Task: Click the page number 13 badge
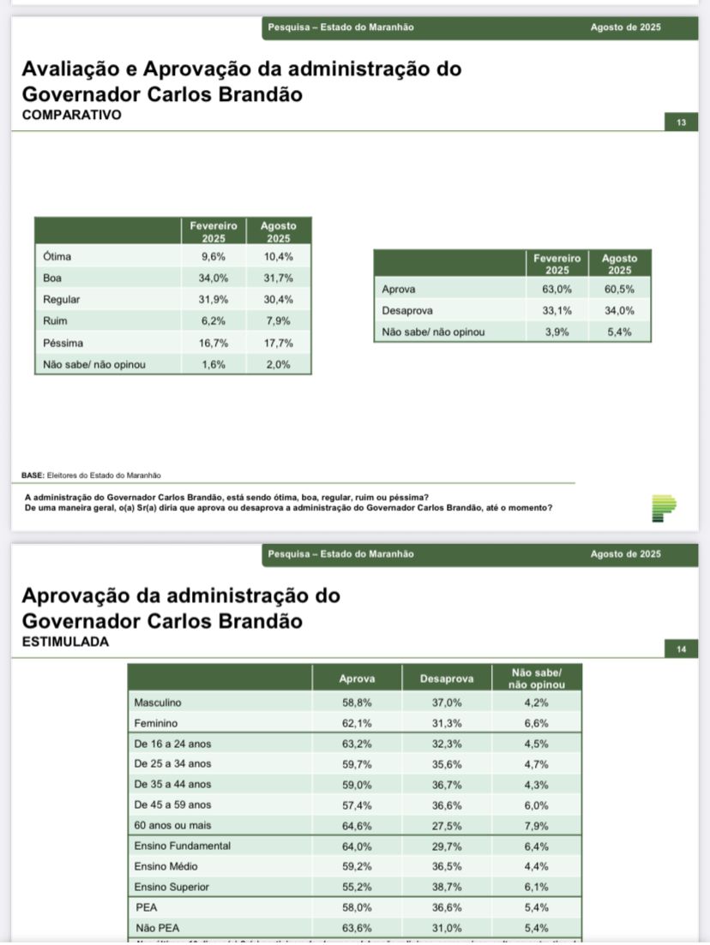tap(681, 123)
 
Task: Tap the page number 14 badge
tap(681, 649)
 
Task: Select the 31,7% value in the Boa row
tap(279, 278)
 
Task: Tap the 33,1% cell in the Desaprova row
tap(557, 311)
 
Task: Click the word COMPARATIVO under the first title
tap(71, 114)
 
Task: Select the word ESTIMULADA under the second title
tap(66, 641)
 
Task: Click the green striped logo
tap(664, 508)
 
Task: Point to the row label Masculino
tap(158, 703)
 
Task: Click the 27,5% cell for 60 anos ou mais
tap(447, 826)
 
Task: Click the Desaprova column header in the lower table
tap(447, 679)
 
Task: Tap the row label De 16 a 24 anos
tap(172, 744)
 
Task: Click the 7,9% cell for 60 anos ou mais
tap(536, 826)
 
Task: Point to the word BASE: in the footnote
tap(34, 475)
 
